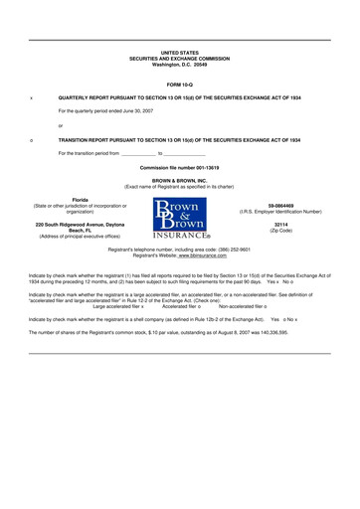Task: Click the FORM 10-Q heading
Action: pos(180,84)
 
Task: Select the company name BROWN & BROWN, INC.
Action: pos(180,181)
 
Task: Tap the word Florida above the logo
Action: pos(73,201)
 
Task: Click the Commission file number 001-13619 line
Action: pos(180,168)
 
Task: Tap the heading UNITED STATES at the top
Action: pos(180,52)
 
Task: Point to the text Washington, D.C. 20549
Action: pos(180,64)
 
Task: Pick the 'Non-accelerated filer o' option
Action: pos(243,306)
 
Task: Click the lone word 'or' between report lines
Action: pos(61,125)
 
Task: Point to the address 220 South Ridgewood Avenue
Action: pos(73,225)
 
